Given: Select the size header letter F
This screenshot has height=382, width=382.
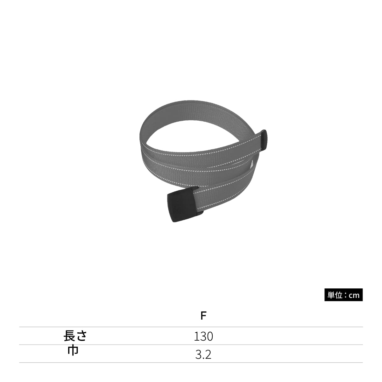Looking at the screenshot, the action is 203,315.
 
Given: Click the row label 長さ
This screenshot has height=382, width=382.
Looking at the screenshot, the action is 75,336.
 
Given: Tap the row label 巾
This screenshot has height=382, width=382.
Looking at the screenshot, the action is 73,351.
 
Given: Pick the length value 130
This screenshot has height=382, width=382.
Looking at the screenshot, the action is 203,336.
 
